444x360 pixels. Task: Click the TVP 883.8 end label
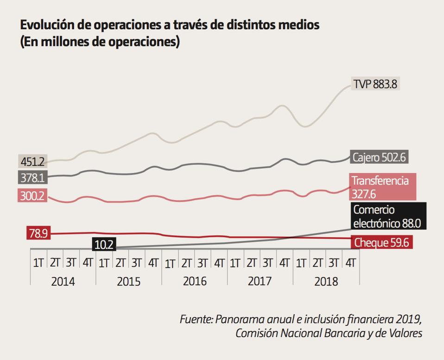click(375, 85)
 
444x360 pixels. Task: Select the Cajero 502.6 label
click(379, 157)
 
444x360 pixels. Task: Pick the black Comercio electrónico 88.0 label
click(387, 216)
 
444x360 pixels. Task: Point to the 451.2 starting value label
click(32, 162)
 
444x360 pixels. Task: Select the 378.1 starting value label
click(32, 178)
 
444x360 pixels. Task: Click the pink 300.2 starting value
click(32, 196)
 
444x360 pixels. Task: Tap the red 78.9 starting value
click(38, 234)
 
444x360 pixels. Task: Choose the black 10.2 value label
click(104, 244)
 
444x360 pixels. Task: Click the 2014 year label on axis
click(63, 281)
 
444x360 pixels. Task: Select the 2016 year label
click(194, 281)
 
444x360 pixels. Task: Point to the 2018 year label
click(326, 281)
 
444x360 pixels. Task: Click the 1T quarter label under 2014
click(38, 263)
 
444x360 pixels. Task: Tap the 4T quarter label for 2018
click(351, 263)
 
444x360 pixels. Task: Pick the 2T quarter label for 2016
click(186, 263)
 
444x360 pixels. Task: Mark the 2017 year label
click(260, 281)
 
